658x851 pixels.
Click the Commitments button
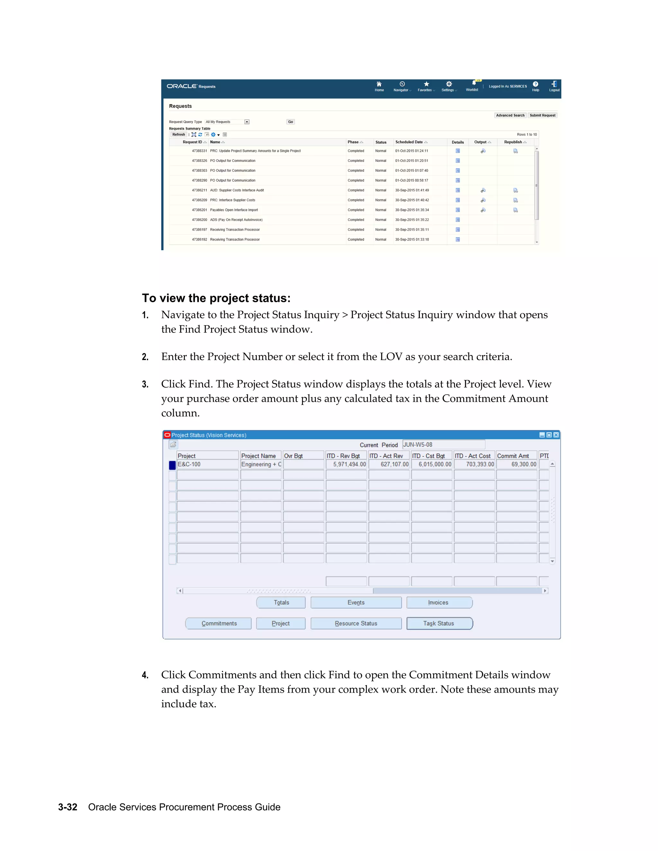point(219,623)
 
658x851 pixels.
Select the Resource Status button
point(356,623)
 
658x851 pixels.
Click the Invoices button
point(439,602)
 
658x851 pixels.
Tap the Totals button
point(281,602)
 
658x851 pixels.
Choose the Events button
point(356,602)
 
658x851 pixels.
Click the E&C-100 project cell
point(207,464)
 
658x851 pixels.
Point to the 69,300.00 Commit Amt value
point(517,464)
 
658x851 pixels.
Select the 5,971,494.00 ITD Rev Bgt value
point(346,464)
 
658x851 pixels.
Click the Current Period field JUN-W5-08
point(444,444)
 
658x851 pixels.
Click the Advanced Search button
point(510,115)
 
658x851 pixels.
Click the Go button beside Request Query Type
point(290,122)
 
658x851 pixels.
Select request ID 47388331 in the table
point(199,151)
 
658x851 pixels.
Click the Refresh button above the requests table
point(179,135)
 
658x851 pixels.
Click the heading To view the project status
point(216,298)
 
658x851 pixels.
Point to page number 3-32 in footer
point(68,807)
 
